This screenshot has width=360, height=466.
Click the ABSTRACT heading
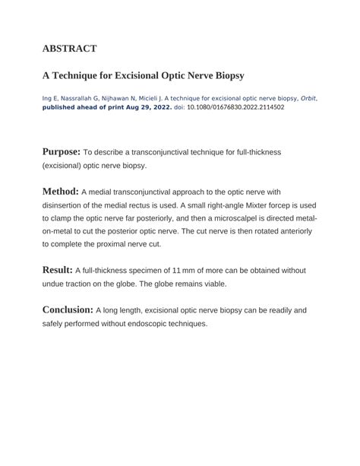69,49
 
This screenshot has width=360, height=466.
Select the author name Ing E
49,98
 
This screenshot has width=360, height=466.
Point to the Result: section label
57,269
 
